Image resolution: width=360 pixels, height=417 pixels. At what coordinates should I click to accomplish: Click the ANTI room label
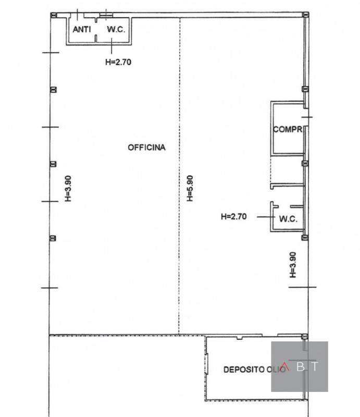[82, 29]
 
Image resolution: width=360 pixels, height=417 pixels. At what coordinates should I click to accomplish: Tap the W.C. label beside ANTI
[116, 29]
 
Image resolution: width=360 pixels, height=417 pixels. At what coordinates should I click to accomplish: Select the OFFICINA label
[146, 148]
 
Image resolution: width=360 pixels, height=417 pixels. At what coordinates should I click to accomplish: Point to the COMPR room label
[288, 129]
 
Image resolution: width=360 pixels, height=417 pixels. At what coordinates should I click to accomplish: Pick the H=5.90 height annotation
[190, 188]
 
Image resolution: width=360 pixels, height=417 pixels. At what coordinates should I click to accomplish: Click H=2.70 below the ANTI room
[118, 62]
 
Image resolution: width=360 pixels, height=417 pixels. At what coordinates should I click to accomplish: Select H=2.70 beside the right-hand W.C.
[234, 216]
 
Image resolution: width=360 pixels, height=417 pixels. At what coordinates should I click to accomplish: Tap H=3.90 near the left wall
[68, 188]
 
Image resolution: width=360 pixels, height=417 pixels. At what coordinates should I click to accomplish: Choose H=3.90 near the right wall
[292, 265]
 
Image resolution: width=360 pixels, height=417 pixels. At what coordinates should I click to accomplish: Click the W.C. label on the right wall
[288, 219]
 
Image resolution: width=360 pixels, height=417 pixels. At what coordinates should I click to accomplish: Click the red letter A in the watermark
[285, 366]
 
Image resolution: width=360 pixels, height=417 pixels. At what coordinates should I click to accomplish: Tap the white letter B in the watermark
[301, 366]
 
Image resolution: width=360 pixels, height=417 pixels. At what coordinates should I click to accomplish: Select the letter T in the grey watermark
[315, 366]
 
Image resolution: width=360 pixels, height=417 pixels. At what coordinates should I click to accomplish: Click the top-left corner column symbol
[54, 15]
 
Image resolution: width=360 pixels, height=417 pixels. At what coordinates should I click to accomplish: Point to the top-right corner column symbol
[306, 15]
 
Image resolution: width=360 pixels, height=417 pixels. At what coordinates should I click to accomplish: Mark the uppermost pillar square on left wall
[54, 90]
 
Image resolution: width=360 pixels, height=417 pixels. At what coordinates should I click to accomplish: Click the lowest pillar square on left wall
[53, 238]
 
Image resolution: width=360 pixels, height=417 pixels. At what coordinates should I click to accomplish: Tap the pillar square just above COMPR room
[305, 89]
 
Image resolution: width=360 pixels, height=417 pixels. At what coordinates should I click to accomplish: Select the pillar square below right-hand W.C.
[305, 238]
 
